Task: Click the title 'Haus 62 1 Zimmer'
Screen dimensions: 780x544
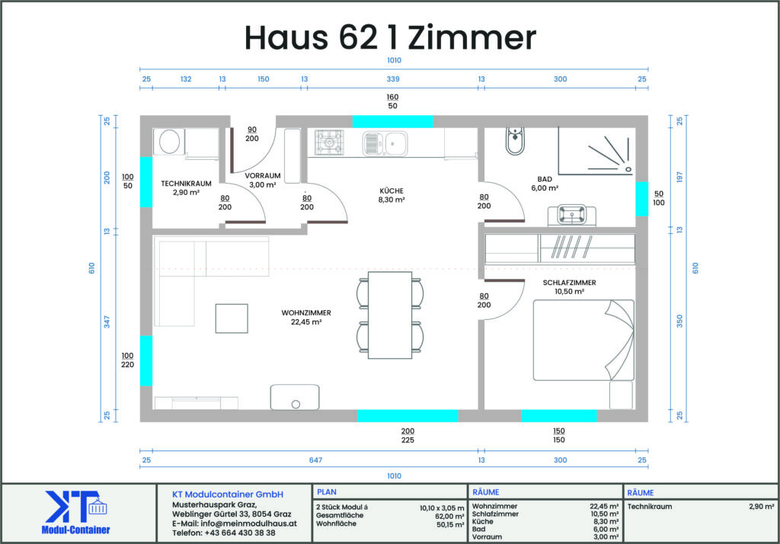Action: [x=390, y=38]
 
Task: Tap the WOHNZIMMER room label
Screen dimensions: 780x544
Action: [x=306, y=313]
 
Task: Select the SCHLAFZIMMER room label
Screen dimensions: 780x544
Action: [x=569, y=283]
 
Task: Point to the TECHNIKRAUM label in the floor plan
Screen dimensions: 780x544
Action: [x=186, y=184]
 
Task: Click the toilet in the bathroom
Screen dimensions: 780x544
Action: [x=515, y=141]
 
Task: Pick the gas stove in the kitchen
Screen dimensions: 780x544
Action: [x=329, y=142]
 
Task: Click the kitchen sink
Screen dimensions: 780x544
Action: [x=385, y=143]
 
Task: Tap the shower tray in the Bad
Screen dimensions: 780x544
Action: [x=596, y=150]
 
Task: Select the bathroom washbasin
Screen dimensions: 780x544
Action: [x=571, y=215]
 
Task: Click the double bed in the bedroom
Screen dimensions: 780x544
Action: [x=583, y=340]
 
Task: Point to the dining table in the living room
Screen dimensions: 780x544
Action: [x=390, y=315]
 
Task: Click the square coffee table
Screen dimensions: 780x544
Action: [x=232, y=318]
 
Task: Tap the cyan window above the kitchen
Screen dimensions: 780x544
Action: [x=392, y=121]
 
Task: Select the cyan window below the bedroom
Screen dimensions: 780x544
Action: [x=558, y=415]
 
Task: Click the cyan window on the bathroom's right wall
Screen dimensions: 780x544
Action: [x=641, y=199]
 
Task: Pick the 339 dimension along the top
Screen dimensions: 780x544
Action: [x=393, y=79]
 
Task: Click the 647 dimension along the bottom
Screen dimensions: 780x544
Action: [x=315, y=460]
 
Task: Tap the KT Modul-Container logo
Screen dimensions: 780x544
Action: [x=75, y=513]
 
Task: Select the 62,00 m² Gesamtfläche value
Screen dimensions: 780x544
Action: [x=449, y=516]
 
